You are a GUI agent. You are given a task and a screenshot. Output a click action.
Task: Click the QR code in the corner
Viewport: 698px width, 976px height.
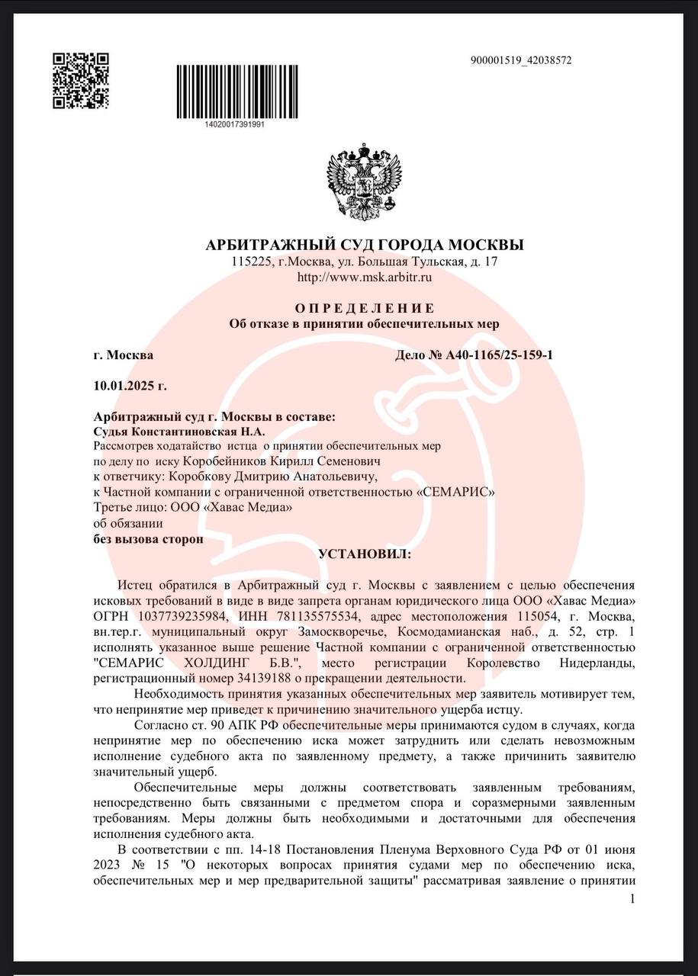click(x=80, y=81)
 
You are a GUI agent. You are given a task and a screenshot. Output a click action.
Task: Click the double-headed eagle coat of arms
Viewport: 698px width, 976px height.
click(x=364, y=181)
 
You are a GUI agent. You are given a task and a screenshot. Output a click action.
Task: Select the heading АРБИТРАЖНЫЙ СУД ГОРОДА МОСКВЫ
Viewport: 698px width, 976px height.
click(x=365, y=246)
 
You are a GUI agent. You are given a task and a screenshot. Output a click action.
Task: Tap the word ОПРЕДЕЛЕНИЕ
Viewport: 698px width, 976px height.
click(x=365, y=308)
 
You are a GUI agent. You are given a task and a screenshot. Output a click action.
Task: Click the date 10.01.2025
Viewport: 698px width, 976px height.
click(x=123, y=386)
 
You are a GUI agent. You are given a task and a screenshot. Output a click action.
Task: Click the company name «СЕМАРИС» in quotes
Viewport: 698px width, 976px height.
click(x=455, y=492)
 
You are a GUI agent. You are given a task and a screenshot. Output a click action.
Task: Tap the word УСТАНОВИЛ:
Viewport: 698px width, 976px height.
click(x=365, y=554)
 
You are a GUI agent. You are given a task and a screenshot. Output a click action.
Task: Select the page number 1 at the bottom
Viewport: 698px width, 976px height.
click(x=632, y=901)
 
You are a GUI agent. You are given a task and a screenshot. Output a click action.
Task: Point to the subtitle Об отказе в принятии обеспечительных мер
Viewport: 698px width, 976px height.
click(x=365, y=324)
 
